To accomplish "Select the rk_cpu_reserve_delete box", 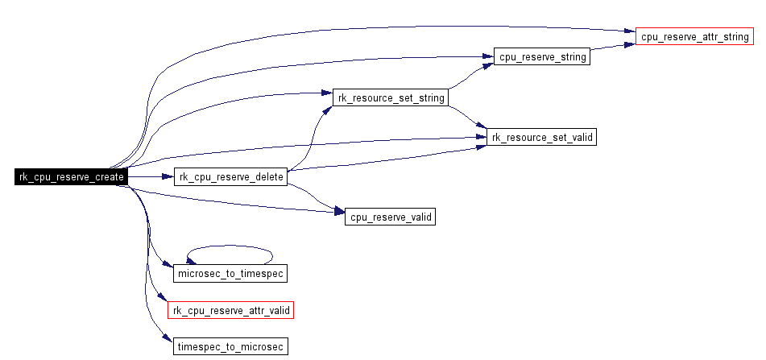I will pos(230,177).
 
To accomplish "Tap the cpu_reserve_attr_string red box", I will pos(695,37).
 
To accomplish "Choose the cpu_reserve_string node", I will pos(542,57).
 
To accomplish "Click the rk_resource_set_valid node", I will pos(542,138).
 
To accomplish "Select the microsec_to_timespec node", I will pos(230,274).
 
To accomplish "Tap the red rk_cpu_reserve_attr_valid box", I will pos(230,310).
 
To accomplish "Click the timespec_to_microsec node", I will pos(230,347).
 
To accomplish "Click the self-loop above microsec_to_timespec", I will pos(230,246).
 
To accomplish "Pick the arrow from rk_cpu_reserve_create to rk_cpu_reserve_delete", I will pos(151,177).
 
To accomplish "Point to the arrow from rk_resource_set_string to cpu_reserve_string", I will pos(467,77).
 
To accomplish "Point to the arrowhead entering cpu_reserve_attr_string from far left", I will pos(630,33).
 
